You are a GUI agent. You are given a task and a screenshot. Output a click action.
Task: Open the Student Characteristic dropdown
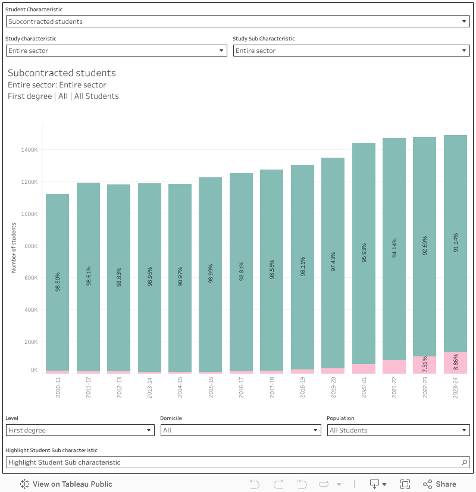pyautogui.click(x=238, y=21)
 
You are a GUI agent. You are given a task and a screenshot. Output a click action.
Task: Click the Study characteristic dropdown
pyautogui.click(x=117, y=51)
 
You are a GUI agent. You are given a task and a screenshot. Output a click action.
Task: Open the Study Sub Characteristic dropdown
pyautogui.click(x=352, y=51)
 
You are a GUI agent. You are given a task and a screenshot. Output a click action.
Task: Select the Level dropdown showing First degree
pyautogui.click(x=80, y=430)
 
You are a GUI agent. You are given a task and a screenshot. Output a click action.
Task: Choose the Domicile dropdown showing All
pyautogui.click(x=241, y=430)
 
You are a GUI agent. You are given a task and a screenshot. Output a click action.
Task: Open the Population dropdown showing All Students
pyautogui.click(x=399, y=430)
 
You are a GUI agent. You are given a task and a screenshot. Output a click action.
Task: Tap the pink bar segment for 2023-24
pyautogui.click(x=455, y=363)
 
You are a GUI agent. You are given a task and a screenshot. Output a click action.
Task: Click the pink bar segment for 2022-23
pyautogui.click(x=424, y=365)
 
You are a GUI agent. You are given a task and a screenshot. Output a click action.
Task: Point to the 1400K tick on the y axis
pyautogui.click(x=29, y=150)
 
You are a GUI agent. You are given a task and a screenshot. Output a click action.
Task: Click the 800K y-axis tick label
pyautogui.click(x=30, y=246)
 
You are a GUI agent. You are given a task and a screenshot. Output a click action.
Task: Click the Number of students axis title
pyautogui.click(x=13, y=247)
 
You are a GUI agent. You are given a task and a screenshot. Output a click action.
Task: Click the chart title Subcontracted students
pyautogui.click(x=62, y=73)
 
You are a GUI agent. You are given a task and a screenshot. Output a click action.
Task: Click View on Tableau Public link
pyautogui.click(x=66, y=484)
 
